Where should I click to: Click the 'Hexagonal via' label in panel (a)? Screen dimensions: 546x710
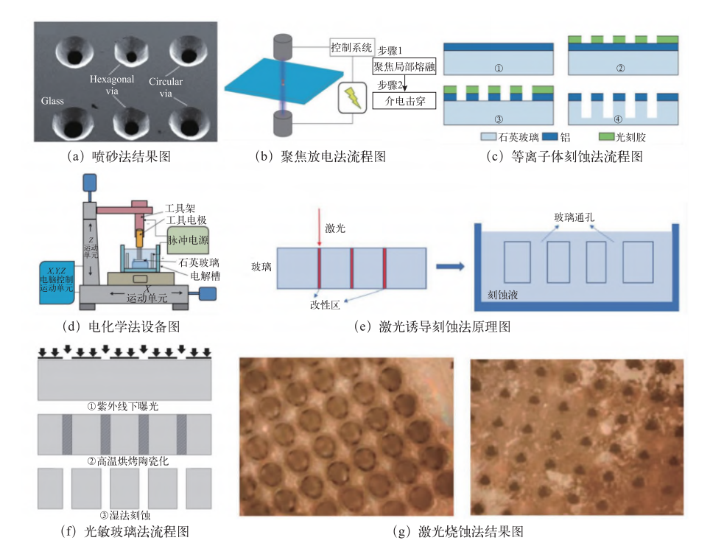pyautogui.click(x=111, y=83)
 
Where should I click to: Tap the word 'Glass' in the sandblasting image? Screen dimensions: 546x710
pyautogui.click(x=53, y=99)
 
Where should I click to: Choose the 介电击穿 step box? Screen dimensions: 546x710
pyautogui.click(x=404, y=99)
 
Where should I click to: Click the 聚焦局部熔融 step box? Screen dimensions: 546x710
pyautogui.click(x=404, y=66)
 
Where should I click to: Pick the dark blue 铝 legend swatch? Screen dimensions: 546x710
pyautogui.click(x=549, y=138)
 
